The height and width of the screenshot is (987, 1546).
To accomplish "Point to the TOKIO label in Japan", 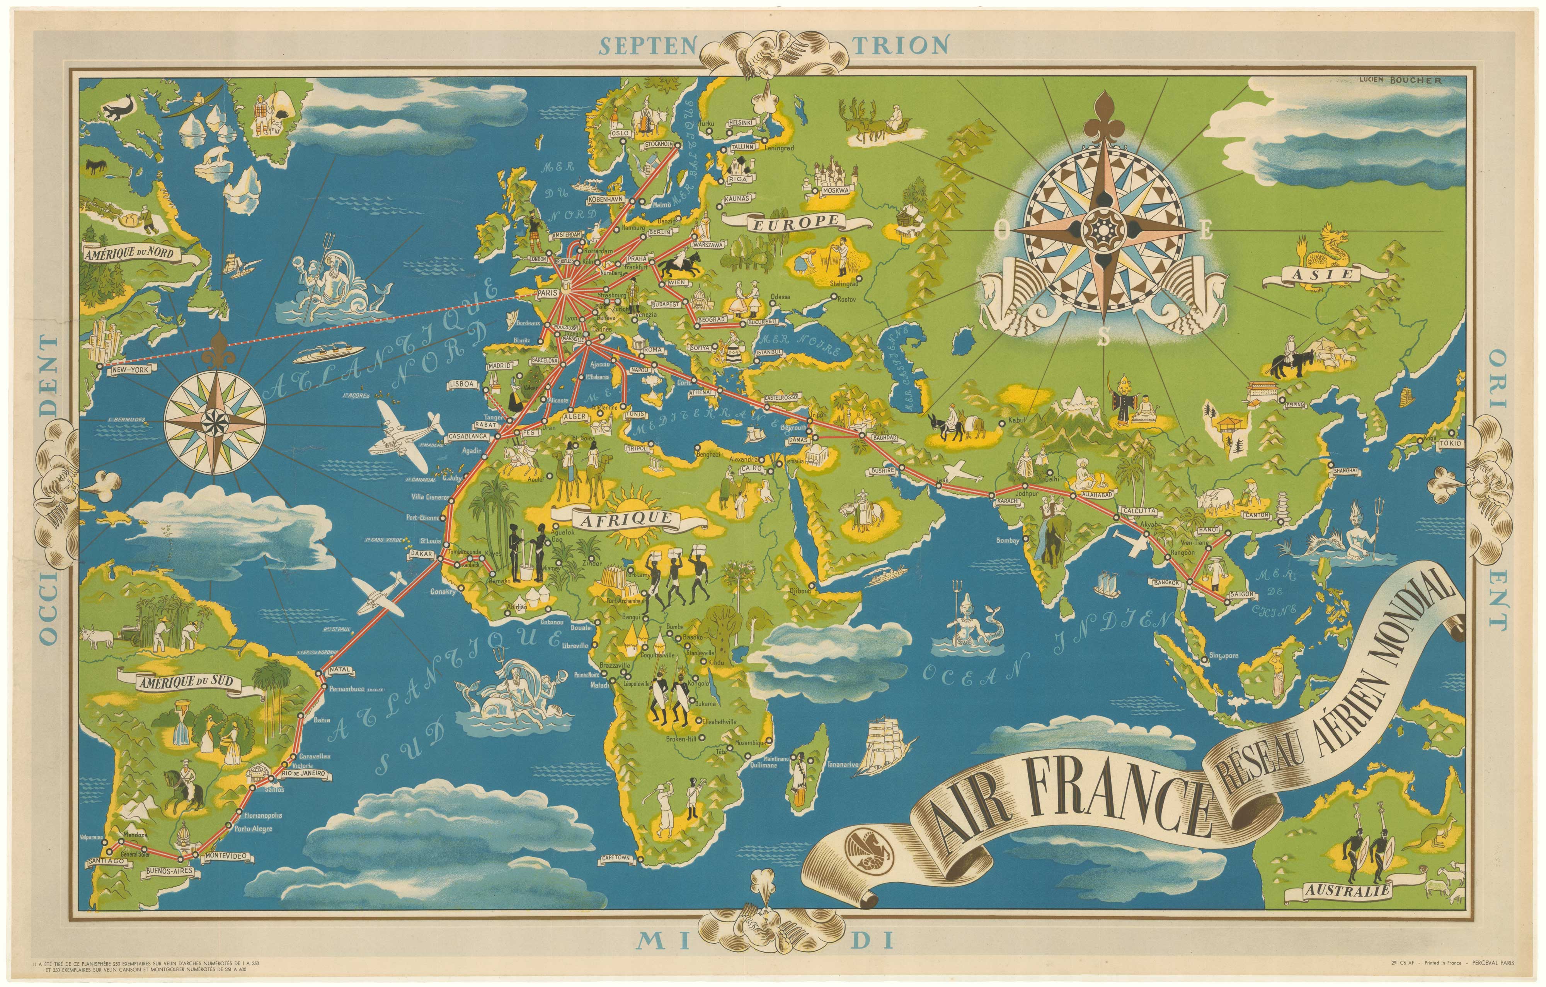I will pyautogui.click(x=1448, y=444).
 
